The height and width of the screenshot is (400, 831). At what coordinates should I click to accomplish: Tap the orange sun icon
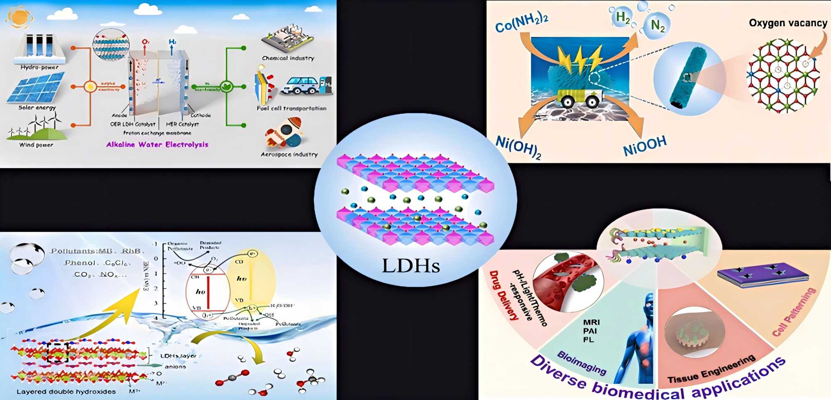coord(19,17)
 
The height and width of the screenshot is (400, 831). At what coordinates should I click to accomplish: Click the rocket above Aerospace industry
coord(285,133)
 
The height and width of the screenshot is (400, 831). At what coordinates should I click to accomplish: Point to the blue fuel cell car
coord(300,86)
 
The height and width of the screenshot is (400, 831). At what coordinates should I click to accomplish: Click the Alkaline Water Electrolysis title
coord(157,145)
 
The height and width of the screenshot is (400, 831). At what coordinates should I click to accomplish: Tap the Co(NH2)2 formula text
coord(522,23)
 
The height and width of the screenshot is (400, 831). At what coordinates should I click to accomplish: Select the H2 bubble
coord(622,17)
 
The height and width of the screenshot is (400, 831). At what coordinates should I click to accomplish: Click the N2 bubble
coord(657,26)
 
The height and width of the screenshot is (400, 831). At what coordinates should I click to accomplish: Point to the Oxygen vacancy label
coord(788,23)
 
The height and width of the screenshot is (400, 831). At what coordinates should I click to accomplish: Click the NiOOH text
coord(645,146)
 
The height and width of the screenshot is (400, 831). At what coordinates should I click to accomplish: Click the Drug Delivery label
coord(504,295)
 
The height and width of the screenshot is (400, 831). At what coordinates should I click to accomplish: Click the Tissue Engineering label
coord(711,369)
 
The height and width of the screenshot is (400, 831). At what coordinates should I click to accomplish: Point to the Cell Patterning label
coord(794,312)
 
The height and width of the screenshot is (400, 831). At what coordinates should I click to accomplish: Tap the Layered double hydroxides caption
coord(66,392)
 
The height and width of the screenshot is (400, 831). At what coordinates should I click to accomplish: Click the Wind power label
coord(36,145)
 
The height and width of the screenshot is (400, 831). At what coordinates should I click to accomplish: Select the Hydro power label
coord(39,67)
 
